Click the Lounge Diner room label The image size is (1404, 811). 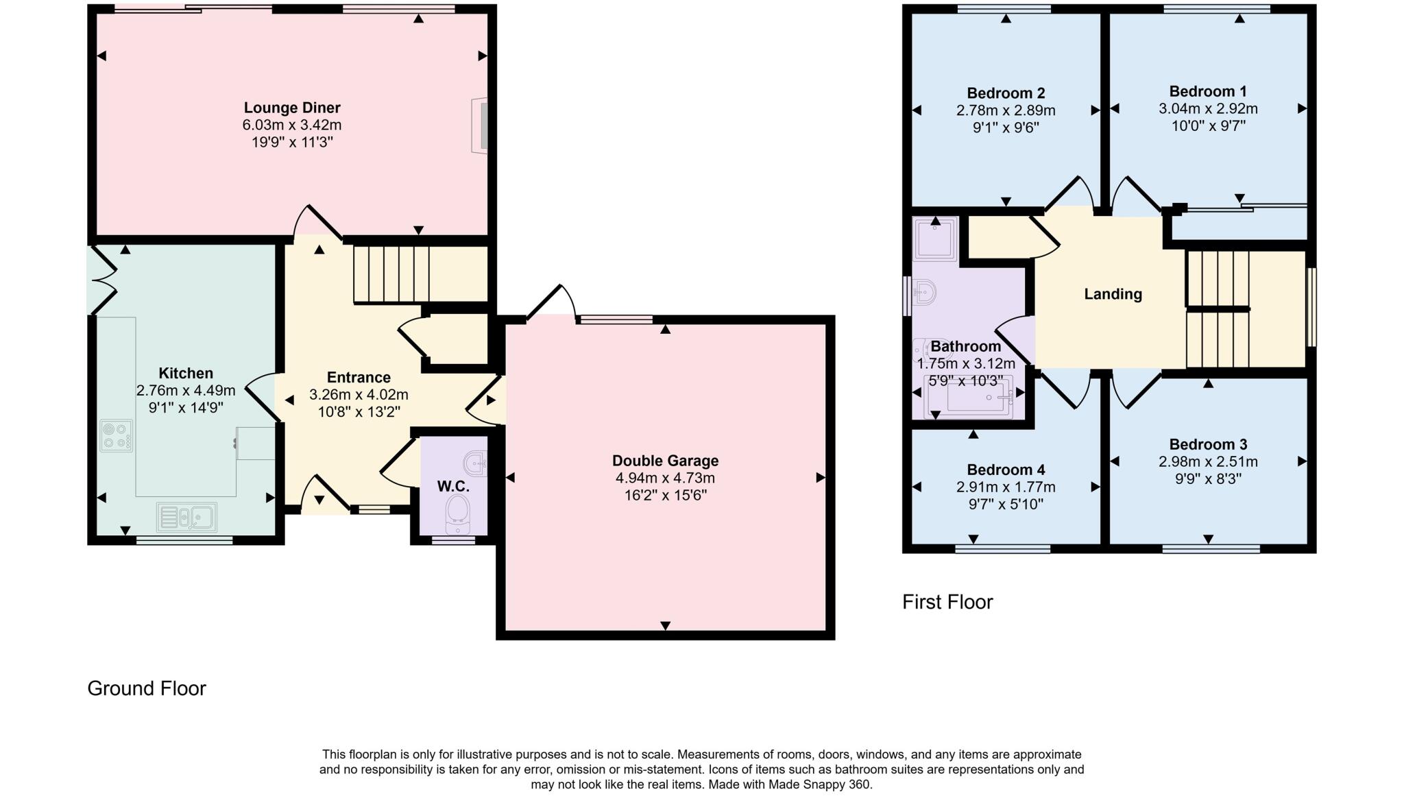(x=292, y=108)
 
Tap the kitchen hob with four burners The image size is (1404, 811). (x=117, y=435)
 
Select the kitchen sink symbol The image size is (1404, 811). (x=186, y=517)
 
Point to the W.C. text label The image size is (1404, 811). (x=453, y=487)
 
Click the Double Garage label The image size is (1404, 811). (x=665, y=461)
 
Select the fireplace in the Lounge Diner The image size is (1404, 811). (x=481, y=125)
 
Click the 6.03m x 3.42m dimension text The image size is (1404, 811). (x=292, y=125)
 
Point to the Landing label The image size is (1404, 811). (x=1113, y=294)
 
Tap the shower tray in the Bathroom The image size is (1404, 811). (x=935, y=239)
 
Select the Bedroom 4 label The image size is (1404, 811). (x=1006, y=470)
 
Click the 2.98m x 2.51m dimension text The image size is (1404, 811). (x=1208, y=461)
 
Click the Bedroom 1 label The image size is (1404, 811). (x=1208, y=91)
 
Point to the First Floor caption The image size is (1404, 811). (x=947, y=602)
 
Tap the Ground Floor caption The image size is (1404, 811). (x=147, y=688)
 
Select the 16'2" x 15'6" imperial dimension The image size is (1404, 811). (x=665, y=495)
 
